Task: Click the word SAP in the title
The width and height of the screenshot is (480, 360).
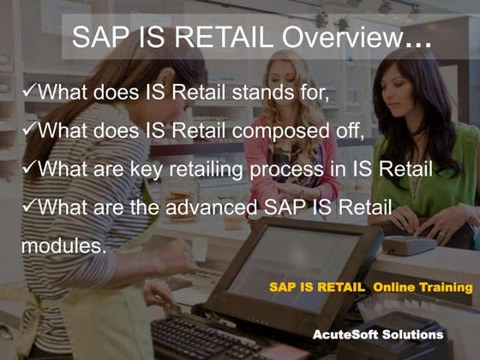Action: tap(99, 37)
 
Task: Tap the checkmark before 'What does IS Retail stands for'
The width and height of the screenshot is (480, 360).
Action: tap(28, 90)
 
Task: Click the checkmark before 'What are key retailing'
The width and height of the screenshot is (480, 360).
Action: tap(28, 168)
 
